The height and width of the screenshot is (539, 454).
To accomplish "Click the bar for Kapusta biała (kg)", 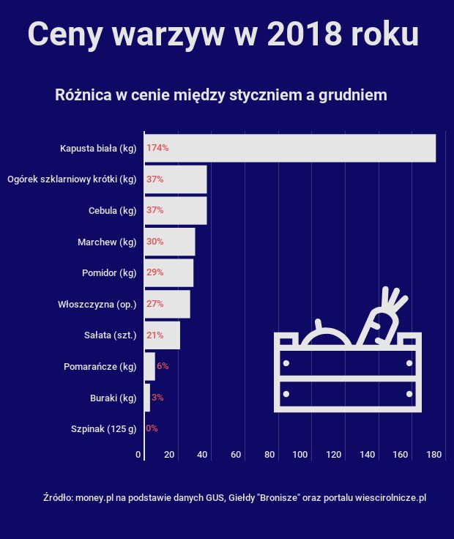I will pos(290,148).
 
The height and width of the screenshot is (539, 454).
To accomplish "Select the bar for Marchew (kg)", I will pos(170,242).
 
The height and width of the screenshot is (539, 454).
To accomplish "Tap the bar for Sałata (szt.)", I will pos(162,335).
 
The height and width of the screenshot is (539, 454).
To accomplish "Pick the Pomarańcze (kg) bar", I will pos(149,366).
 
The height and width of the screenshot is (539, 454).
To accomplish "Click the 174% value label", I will pos(157,148).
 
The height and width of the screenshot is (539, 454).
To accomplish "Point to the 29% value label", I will pos(155,272).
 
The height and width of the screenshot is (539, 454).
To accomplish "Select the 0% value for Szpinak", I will pos(152,428).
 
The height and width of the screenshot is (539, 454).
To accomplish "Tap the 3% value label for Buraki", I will pos(157,398).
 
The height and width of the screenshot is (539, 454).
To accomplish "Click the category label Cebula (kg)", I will pos(112,211).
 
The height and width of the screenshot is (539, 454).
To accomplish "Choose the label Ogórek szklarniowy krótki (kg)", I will pos(72,179).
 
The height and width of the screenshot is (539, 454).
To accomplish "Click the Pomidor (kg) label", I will pos(109,273).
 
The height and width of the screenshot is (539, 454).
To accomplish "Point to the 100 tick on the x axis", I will pos(299,455).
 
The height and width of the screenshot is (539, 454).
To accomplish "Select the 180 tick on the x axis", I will pos(433,455).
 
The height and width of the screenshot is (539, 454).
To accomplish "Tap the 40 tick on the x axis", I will pos(202,455).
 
